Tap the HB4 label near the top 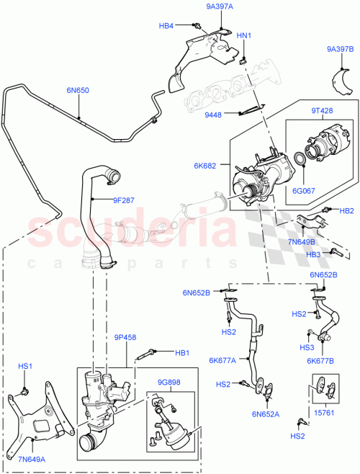[x=166, y=26]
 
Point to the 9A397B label [x=340, y=49]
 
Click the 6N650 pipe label [x=78, y=91]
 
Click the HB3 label [x=313, y=254]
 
